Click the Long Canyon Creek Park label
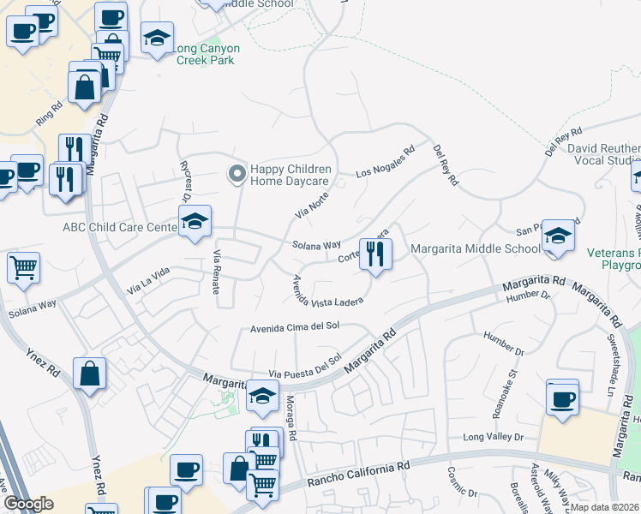(x=207, y=54)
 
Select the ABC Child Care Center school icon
(x=195, y=223)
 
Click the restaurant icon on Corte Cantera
(x=374, y=254)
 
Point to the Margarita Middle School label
(x=476, y=249)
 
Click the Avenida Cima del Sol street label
(x=296, y=327)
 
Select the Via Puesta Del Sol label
(x=305, y=367)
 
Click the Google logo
(x=27, y=504)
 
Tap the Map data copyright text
(x=604, y=507)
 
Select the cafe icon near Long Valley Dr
(x=562, y=398)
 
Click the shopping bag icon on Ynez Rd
(x=89, y=374)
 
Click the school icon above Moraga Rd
(x=263, y=396)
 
